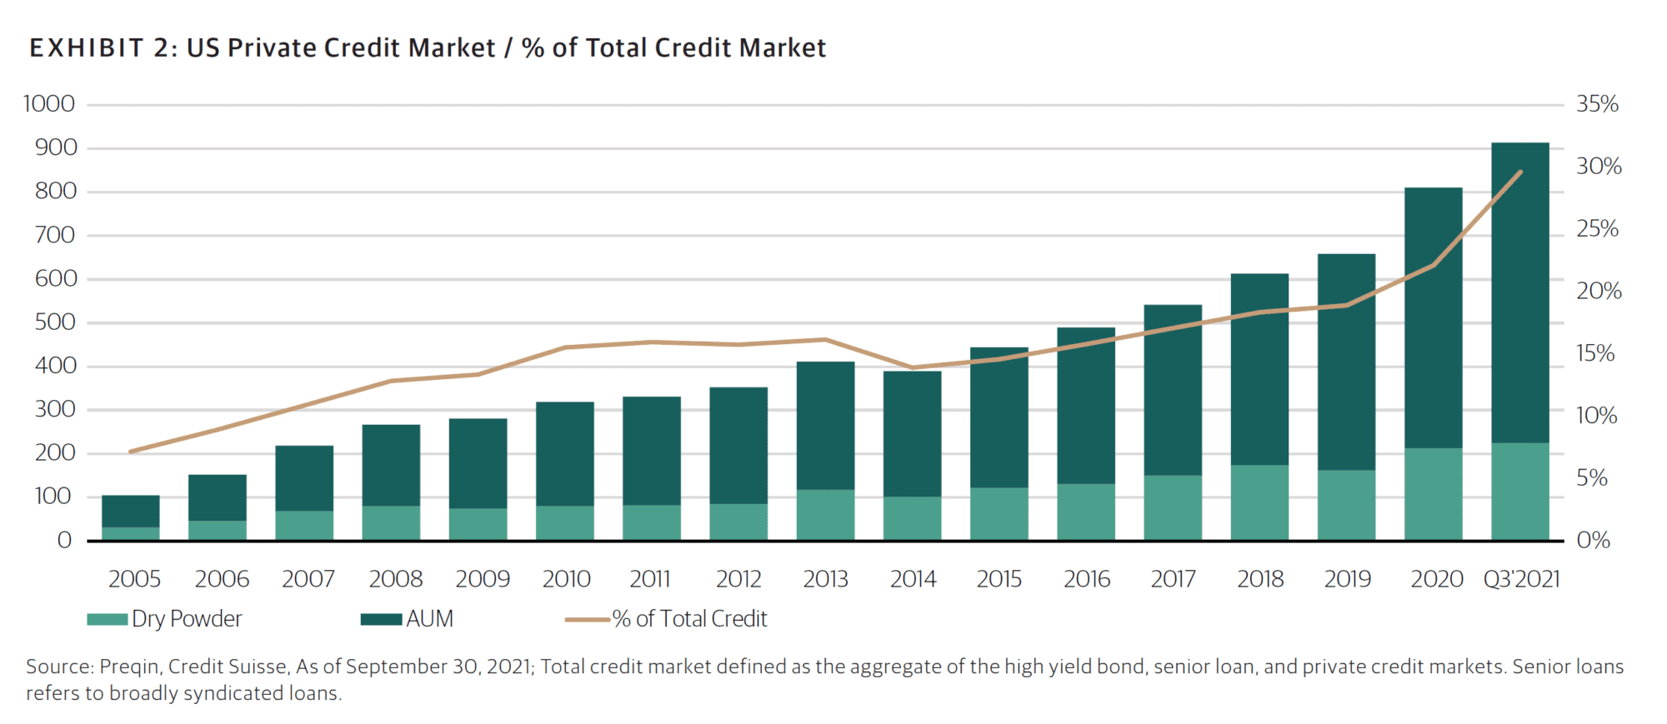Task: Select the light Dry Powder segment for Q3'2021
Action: (1519, 492)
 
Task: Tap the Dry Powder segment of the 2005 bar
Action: (131, 533)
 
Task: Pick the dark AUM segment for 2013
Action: (825, 425)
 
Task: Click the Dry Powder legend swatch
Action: (107, 619)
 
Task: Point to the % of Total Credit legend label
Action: (689, 619)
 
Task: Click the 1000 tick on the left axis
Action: (49, 104)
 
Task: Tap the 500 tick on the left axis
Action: (55, 322)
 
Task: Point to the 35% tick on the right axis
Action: (1597, 104)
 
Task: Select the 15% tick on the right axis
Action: (1594, 353)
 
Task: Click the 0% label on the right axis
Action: (1593, 541)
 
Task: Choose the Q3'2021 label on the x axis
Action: (1521, 579)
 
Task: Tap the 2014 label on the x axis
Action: (913, 579)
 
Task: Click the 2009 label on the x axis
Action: (483, 579)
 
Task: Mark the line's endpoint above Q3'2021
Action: (1520, 172)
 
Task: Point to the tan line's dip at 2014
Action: (913, 367)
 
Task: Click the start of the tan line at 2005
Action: (131, 452)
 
